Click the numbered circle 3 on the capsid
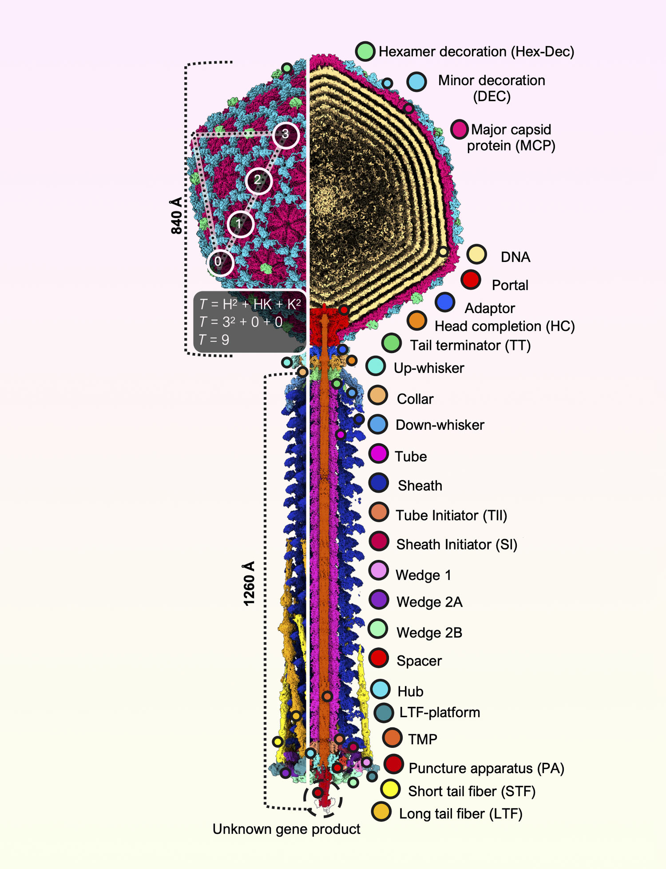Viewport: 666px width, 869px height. (x=285, y=135)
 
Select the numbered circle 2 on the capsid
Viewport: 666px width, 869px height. (x=258, y=180)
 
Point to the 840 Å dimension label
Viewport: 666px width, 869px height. (x=176, y=215)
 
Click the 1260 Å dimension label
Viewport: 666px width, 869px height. (x=249, y=583)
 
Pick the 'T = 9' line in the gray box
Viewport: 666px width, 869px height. (x=214, y=340)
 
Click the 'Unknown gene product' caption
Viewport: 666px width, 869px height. (x=286, y=829)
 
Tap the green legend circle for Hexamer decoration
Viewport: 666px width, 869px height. (x=365, y=52)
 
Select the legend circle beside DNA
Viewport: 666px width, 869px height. (x=476, y=254)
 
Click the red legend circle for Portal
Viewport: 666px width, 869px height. (x=471, y=280)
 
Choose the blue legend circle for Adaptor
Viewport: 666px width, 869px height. (x=445, y=302)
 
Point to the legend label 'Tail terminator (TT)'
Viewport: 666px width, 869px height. (x=470, y=345)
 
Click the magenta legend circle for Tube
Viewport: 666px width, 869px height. (x=378, y=453)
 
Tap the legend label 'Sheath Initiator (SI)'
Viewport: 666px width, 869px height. (x=456, y=544)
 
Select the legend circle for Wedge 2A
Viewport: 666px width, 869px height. (x=379, y=599)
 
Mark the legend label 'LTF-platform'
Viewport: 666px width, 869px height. (x=440, y=712)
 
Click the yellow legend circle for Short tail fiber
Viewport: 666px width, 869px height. (x=390, y=789)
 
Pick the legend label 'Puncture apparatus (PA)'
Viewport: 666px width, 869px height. (x=486, y=768)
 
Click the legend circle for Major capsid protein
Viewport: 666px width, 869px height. (x=460, y=129)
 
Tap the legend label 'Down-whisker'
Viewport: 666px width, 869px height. (x=440, y=425)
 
